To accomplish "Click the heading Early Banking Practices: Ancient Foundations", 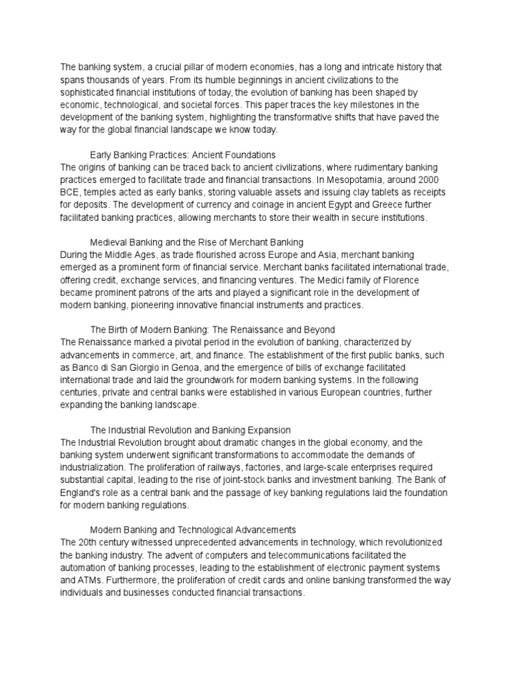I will (182, 155).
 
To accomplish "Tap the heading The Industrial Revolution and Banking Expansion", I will (190, 430).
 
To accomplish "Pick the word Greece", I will (389, 204).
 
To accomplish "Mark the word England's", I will (86, 493).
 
